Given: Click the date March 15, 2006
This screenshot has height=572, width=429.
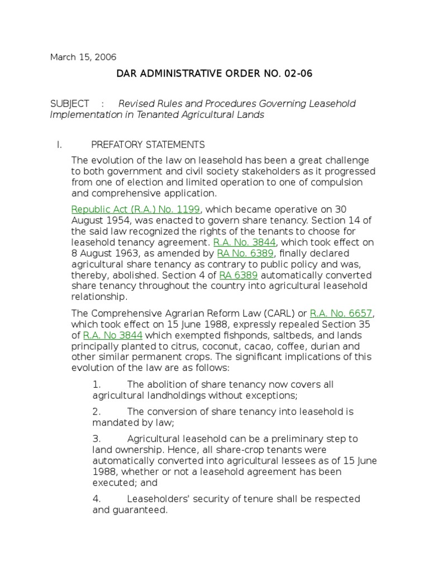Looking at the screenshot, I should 83,57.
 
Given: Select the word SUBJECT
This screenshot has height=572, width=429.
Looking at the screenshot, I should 69,104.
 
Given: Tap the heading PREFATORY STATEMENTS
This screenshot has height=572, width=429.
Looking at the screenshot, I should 148,145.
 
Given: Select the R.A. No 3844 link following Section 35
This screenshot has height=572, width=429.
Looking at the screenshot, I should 113,335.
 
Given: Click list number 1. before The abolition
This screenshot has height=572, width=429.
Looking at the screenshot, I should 97,385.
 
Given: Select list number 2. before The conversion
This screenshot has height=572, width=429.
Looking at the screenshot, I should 97,412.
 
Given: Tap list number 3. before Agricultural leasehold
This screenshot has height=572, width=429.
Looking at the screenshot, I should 97,439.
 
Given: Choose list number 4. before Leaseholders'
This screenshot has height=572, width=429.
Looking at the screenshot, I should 97,499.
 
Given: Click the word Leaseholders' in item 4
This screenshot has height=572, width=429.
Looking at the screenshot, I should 159,499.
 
